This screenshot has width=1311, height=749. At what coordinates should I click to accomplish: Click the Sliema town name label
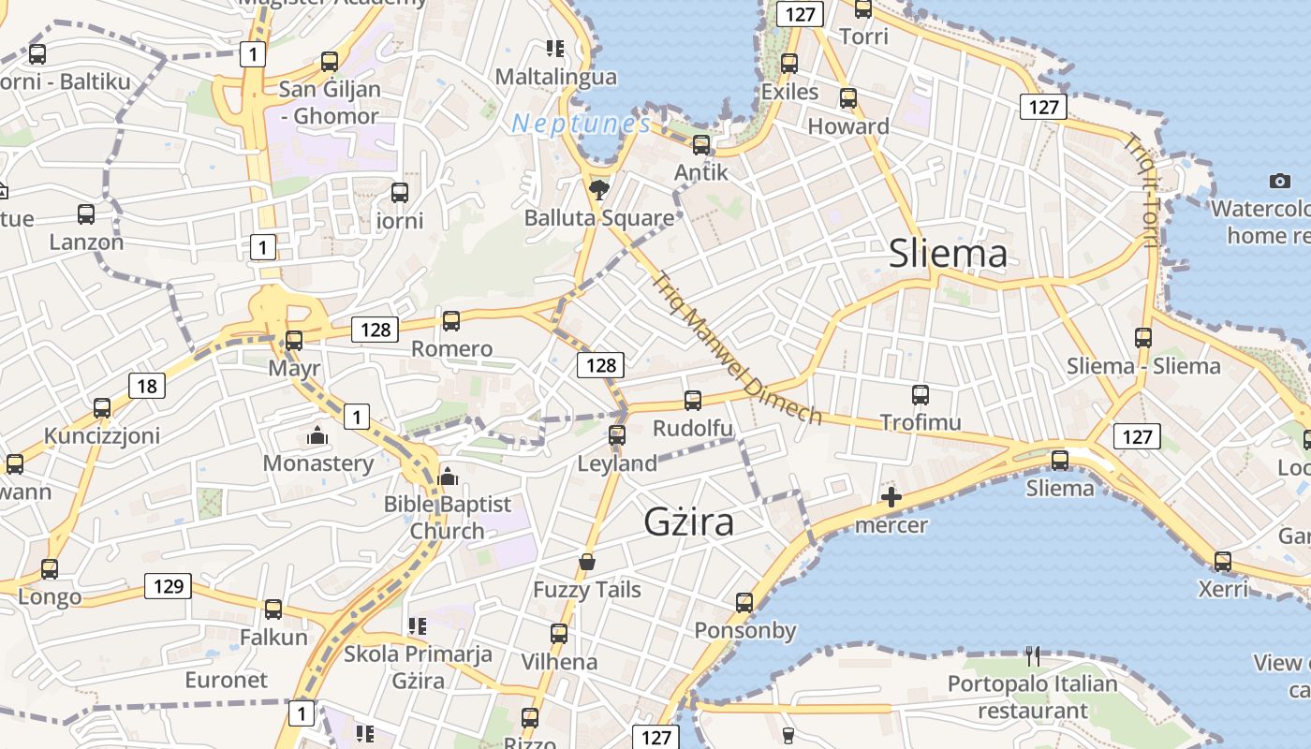[x=948, y=253]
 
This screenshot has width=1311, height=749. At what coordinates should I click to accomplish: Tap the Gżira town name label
[x=688, y=521]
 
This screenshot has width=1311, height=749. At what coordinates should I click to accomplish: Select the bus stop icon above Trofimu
[x=921, y=395]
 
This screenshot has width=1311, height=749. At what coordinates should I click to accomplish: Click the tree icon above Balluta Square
[x=598, y=191]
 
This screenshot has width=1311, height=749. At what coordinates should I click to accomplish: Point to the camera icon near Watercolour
[x=1280, y=181]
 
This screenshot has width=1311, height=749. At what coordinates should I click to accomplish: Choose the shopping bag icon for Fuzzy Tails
[x=587, y=562]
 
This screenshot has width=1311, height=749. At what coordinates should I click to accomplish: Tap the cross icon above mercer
[x=891, y=497]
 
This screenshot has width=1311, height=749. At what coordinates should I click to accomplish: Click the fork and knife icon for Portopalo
[x=1033, y=655]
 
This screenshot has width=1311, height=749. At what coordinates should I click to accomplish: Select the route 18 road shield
[x=147, y=386]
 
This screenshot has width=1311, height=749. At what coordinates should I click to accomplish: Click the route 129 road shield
[x=169, y=587]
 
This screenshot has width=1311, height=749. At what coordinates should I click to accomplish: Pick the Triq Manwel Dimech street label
[x=737, y=347]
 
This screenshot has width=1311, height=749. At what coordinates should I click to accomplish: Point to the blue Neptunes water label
[x=582, y=124]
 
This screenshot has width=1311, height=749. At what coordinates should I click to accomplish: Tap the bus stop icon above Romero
[x=451, y=321]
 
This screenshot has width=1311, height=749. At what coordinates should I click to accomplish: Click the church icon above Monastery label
[x=317, y=436]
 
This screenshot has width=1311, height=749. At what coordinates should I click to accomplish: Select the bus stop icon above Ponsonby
[x=744, y=603]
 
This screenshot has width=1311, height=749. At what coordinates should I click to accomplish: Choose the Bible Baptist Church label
[x=448, y=517]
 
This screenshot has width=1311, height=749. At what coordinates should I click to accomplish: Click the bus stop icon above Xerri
[x=1223, y=562]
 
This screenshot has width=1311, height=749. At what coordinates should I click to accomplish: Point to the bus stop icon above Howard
[x=848, y=98]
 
